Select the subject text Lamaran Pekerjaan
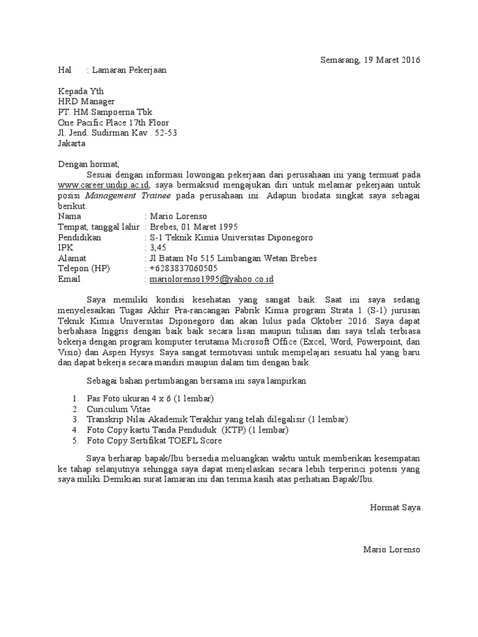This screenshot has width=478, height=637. pyautogui.click(x=130, y=70)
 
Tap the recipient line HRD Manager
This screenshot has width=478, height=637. pyautogui.click(x=87, y=101)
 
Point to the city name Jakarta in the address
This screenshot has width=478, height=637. pyautogui.click(x=72, y=144)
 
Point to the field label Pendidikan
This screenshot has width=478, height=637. pyautogui.click(x=80, y=237)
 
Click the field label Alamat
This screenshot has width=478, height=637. pyautogui.click(x=73, y=258)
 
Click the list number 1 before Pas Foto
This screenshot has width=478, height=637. pyautogui.click(x=75, y=398)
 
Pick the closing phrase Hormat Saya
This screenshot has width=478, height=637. pyautogui.click(x=395, y=507)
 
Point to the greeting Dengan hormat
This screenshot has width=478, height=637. pyautogui.click(x=88, y=164)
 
